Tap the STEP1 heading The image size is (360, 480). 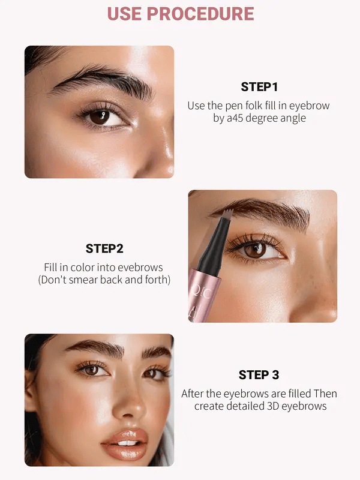point(259,87)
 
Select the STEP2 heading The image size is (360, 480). point(104,248)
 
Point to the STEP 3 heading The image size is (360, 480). point(259,375)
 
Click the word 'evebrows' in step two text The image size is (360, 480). point(140,268)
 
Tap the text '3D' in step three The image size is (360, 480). point(268,406)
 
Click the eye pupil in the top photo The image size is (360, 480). point(100,116)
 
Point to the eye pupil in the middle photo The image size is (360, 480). point(256,250)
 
